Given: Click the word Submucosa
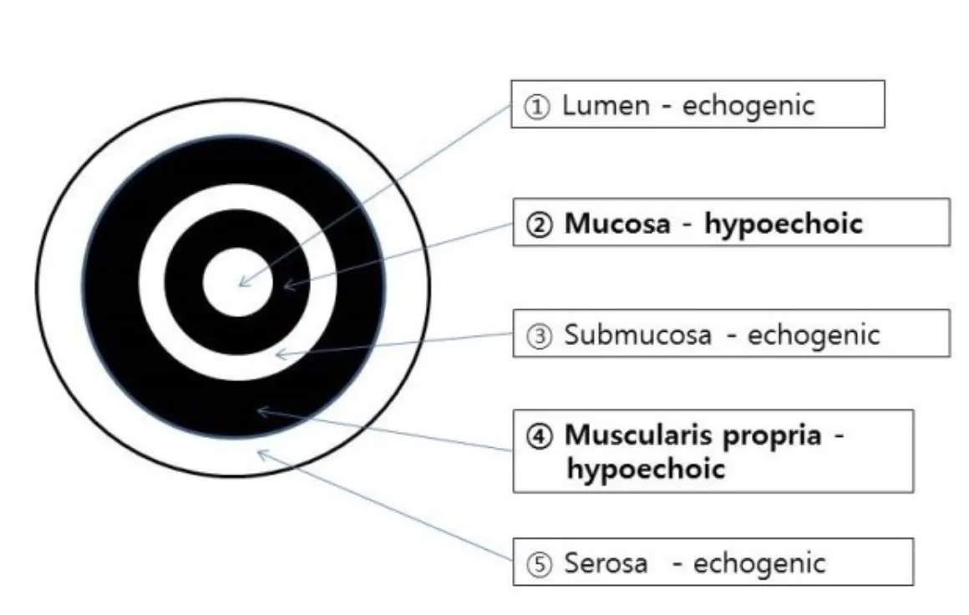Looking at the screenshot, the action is click(x=637, y=335).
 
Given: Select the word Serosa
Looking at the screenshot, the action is click(x=606, y=563).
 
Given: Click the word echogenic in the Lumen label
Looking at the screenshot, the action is click(x=748, y=106).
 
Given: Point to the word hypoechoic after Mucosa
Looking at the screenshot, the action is click(x=783, y=224).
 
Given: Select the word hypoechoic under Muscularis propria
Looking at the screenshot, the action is click(x=645, y=468).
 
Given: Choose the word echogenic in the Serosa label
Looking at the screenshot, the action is click(x=758, y=563).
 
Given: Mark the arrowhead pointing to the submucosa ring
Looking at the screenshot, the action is click(x=279, y=354).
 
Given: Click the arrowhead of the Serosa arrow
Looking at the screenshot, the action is click(x=260, y=453).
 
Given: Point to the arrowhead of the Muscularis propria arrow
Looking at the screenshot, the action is click(x=260, y=409).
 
